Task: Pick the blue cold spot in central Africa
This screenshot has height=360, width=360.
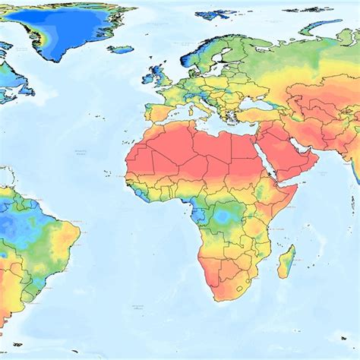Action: [x=224, y=218]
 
